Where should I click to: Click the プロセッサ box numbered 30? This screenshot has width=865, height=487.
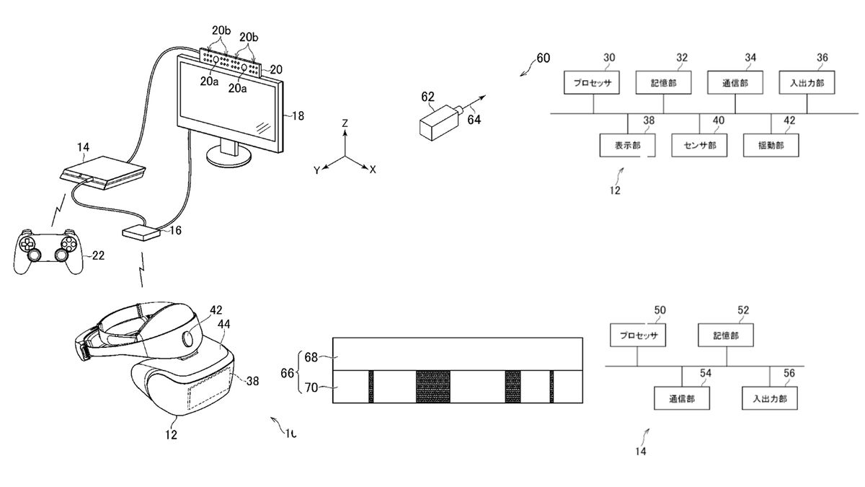coord(593,83)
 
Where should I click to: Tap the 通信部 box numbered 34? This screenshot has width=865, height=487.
coord(735,83)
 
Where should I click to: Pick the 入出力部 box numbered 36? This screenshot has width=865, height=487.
coord(806,83)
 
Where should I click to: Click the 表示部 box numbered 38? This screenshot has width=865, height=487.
coord(628,144)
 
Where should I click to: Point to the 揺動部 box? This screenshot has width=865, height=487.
coord(771,144)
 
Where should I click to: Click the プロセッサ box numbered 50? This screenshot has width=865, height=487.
coord(638,335)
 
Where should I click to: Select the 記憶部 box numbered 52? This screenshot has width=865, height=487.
coord(726,335)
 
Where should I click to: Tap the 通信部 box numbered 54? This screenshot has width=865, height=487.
coord(682,398)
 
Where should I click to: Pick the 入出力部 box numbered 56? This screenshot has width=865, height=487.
coord(770,398)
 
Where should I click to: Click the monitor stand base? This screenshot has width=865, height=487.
coord(229,156)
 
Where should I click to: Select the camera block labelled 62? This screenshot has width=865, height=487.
coord(435,120)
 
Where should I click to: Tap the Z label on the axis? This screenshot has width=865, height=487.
coord(345,124)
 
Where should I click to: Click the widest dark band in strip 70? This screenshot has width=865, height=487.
coord(432,386)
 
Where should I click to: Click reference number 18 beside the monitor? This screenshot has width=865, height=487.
coord(298,115)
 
